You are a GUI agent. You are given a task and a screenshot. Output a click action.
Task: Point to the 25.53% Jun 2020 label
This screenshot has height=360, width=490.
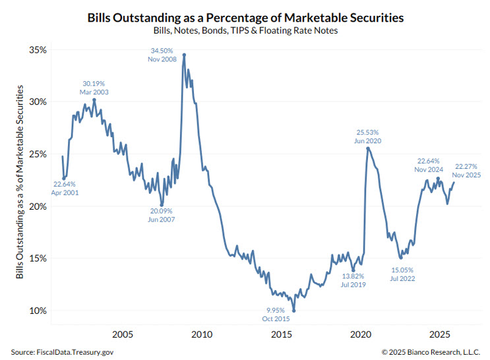click(x=367, y=136)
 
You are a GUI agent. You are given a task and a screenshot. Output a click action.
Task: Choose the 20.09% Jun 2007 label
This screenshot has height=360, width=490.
click(x=161, y=214)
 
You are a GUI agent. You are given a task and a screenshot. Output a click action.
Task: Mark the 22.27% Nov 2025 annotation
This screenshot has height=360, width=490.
click(x=468, y=170)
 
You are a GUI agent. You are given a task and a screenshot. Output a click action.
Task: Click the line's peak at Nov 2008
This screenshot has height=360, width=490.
click(x=184, y=55)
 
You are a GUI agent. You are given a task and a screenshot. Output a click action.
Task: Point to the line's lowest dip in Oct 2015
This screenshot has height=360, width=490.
click(x=294, y=311)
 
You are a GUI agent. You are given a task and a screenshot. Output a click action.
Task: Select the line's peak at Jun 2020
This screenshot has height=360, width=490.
click(x=367, y=148)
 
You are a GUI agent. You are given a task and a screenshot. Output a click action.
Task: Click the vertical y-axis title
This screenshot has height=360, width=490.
click(x=20, y=180)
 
